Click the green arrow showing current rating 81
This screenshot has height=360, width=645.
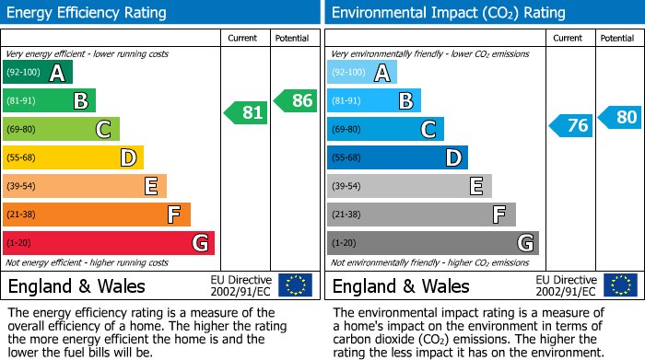tap(246, 113)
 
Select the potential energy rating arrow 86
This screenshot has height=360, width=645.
tap(296, 100)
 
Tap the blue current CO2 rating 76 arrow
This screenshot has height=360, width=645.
tap(570, 126)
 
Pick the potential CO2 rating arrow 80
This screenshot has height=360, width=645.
tap(619, 117)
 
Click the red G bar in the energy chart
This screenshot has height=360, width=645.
tap(109, 243)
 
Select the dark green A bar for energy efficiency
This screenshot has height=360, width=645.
tap(38, 73)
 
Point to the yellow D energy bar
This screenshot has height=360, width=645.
tap(73, 158)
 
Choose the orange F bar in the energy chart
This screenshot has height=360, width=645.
tap(97, 215)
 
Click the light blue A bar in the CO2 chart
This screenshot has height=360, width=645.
tap(362, 73)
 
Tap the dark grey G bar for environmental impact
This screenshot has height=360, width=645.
tap(432, 243)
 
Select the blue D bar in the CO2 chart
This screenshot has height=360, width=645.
tap(397, 158)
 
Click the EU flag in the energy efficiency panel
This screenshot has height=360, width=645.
tap(295, 285)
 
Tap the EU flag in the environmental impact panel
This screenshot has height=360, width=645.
tap(619, 285)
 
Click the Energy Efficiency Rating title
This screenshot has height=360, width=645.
tap(88, 13)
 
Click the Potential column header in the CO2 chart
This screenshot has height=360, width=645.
tap(617, 38)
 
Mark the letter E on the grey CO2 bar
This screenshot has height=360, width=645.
tap(475, 187)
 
